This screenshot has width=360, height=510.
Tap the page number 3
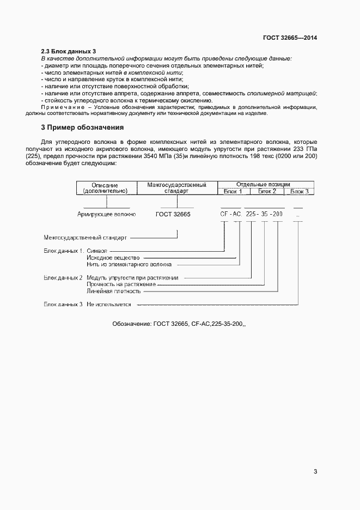(315, 472)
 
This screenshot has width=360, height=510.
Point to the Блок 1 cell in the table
(233, 191)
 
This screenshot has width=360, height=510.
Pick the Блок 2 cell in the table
(267, 191)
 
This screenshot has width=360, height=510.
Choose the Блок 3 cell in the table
(299, 191)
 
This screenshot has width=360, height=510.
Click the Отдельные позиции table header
(264, 185)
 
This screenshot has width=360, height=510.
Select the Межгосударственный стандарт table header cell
(169, 188)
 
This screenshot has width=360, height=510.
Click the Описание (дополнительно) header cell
(105, 188)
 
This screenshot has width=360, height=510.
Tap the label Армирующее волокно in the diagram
(107, 215)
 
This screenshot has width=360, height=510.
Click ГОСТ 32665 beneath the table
(173, 215)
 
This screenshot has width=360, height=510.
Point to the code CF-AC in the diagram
(230, 215)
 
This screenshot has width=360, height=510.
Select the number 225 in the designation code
(251, 215)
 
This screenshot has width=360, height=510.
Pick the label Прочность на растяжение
(121, 284)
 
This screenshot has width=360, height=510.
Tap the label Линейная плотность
(114, 291)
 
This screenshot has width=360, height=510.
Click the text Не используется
(109, 304)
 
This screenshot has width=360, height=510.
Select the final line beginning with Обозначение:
(179, 324)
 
